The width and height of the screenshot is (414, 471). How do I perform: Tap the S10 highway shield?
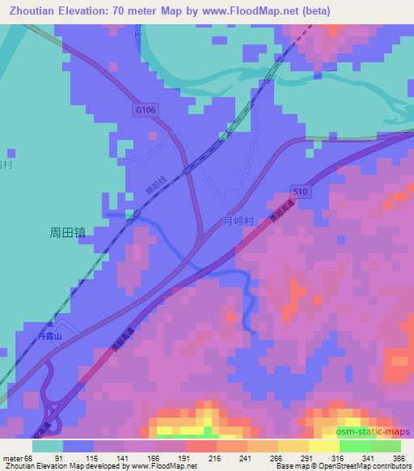point(299,190)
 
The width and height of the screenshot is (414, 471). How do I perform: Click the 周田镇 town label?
point(67,231)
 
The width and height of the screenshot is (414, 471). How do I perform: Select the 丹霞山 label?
point(50,334)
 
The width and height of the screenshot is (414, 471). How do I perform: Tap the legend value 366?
point(399,457)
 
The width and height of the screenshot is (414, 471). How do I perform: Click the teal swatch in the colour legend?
point(48,446)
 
